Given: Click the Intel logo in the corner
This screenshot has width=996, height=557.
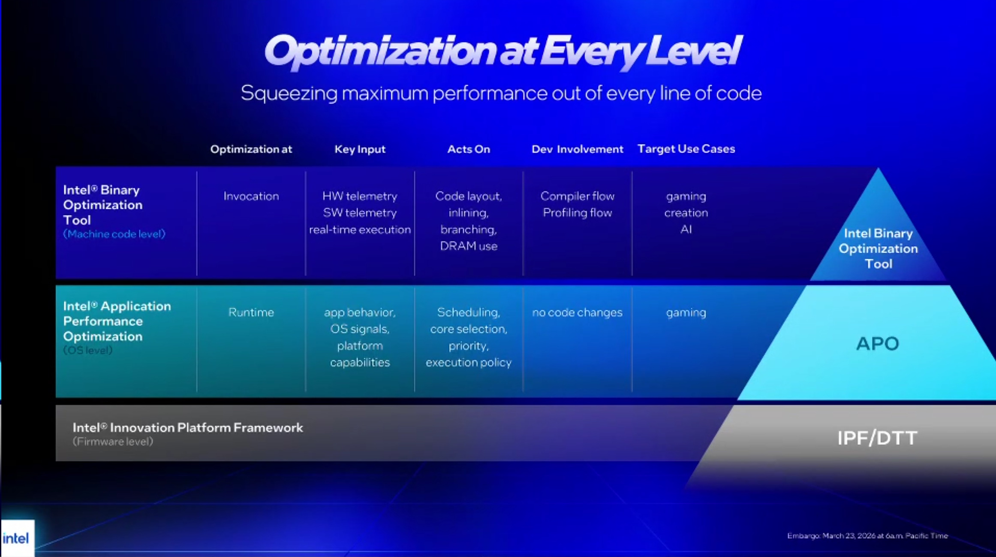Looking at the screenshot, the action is click(x=16, y=538).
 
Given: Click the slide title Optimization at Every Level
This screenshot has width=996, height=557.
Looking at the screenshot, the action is click(x=503, y=52).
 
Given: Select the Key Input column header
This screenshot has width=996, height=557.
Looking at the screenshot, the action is click(x=360, y=149).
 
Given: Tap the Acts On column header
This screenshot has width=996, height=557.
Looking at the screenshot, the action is click(x=469, y=149).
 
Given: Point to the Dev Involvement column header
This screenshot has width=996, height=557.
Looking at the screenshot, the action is click(x=577, y=149).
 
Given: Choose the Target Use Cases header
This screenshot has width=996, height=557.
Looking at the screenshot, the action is click(x=686, y=149).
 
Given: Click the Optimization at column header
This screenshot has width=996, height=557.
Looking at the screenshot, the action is click(x=251, y=149).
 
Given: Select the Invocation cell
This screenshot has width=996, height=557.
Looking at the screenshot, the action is click(x=251, y=196).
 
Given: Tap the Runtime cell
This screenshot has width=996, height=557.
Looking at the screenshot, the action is click(x=251, y=312).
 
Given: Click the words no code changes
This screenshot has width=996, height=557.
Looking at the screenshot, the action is click(x=577, y=312).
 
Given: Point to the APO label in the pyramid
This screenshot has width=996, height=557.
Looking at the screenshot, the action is click(x=877, y=344).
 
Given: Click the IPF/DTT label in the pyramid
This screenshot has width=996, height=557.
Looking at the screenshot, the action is click(x=877, y=438).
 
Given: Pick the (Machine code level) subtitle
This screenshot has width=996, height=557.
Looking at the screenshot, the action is click(x=114, y=234).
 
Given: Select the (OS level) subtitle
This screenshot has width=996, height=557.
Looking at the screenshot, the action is click(x=88, y=350).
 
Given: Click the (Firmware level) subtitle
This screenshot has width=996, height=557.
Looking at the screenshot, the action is click(x=113, y=442).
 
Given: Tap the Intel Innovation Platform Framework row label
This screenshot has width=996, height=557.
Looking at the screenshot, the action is click(x=188, y=427).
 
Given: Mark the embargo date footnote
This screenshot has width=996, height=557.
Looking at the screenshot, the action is click(x=867, y=536).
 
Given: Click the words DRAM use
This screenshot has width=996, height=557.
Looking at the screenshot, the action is click(x=469, y=246).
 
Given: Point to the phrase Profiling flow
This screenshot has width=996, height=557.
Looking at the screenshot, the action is click(x=577, y=213).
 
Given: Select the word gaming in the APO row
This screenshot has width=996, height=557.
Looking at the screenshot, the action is click(x=686, y=313).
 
